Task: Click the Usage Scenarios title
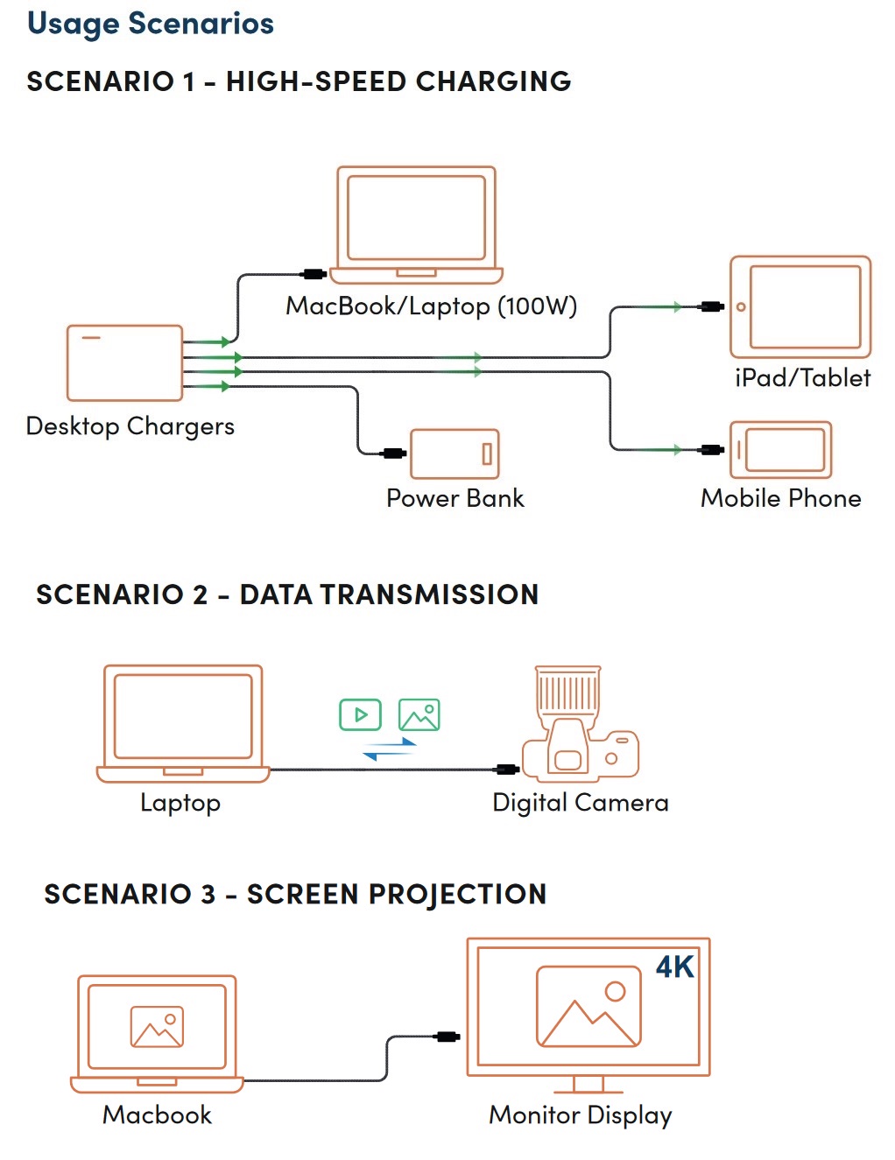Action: click(150, 25)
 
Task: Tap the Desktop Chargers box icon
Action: click(124, 362)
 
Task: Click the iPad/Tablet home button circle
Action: click(740, 307)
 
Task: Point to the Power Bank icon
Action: click(455, 453)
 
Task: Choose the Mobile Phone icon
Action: click(780, 449)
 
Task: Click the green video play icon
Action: click(360, 714)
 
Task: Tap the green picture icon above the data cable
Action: click(419, 714)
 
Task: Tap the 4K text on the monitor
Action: click(674, 967)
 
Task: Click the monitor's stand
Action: click(588, 1084)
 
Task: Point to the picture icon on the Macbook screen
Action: click(157, 1027)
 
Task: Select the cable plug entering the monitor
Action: click(447, 1037)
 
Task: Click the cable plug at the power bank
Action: click(394, 453)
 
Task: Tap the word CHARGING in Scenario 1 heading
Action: click(493, 81)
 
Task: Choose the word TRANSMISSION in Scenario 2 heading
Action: click(429, 594)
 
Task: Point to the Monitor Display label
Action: click(581, 1116)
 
